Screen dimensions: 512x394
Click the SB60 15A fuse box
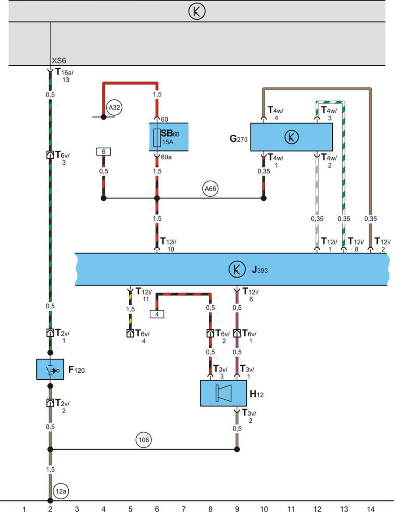(169, 137)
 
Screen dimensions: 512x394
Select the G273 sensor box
(291, 137)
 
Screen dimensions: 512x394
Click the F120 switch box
(50, 370)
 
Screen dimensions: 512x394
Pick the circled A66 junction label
(211, 189)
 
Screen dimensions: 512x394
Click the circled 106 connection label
(143, 439)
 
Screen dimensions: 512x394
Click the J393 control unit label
(259, 270)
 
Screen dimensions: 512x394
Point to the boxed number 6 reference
(103, 152)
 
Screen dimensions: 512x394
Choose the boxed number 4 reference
(157, 314)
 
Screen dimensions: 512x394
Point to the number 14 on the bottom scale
(371, 508)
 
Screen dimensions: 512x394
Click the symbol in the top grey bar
(197, 12)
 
